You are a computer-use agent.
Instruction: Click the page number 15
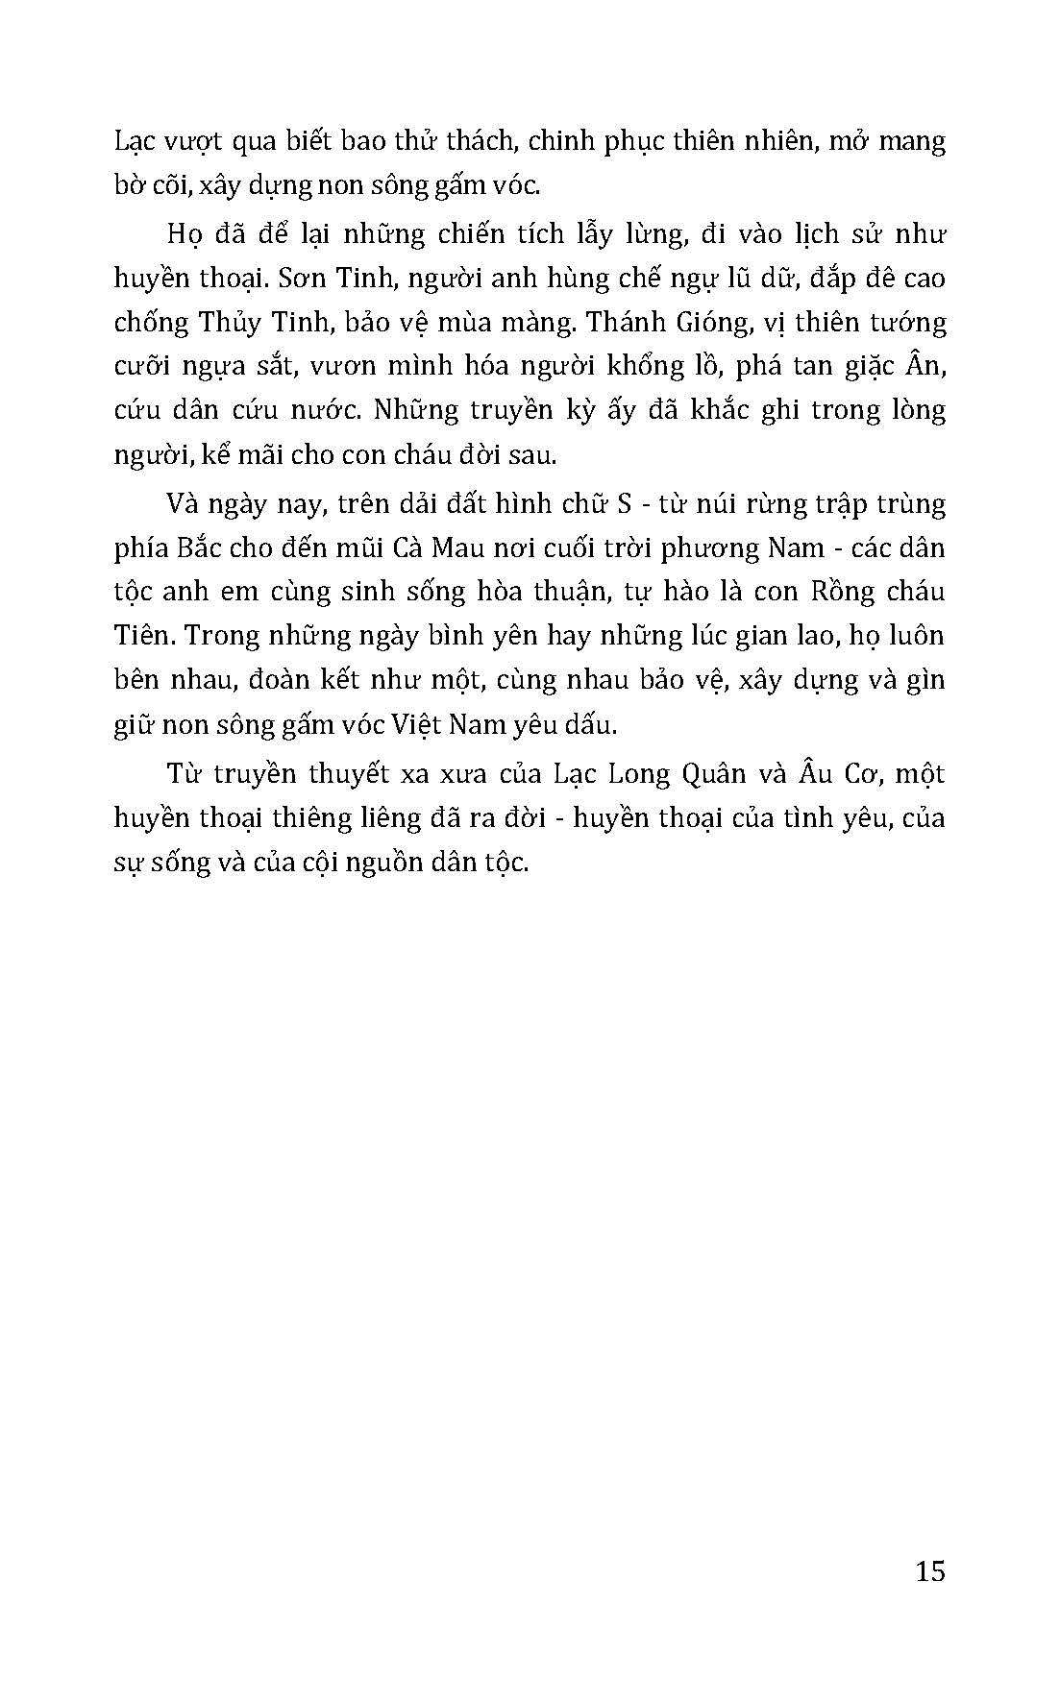pyautogui.click(x=930, y=1570)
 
